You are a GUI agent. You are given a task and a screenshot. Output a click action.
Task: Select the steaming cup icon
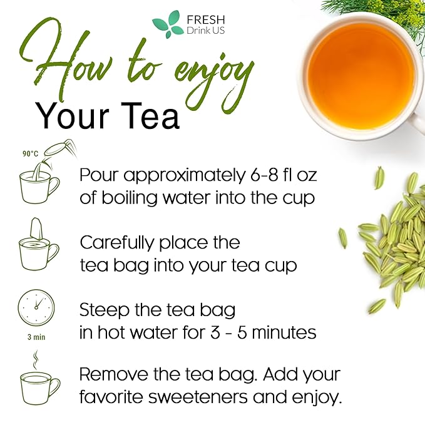click(39, 382)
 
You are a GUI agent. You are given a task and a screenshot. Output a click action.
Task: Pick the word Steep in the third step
click(103, 310)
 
